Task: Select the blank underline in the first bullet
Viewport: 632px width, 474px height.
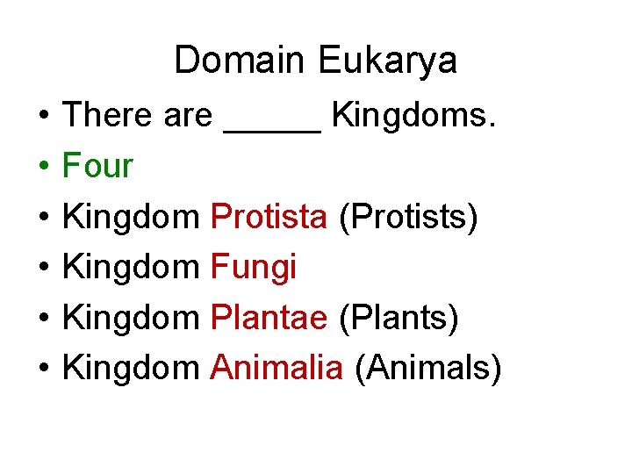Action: coord(273,128)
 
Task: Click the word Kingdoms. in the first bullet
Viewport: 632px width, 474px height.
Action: coord(414,115)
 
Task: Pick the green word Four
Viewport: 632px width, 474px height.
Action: coord(97,165)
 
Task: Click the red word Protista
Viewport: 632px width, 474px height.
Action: coord(269,216)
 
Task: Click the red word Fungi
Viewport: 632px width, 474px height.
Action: coord(254,267)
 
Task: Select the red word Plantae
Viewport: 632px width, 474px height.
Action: coord(269,317)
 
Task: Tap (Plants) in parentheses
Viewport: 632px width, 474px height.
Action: coord(399,318)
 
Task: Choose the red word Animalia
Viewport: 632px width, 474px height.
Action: coord(276,368)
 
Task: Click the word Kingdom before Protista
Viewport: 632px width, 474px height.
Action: coord(132,217)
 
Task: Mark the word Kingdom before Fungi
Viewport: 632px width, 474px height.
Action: coord(132,267)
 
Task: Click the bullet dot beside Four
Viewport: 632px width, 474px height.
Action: coord(42,167)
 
